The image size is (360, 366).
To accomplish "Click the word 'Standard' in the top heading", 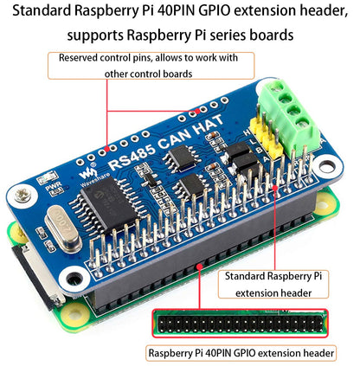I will click(x=46, y=12).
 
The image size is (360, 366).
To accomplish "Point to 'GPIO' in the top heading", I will click(x=211, y=12).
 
